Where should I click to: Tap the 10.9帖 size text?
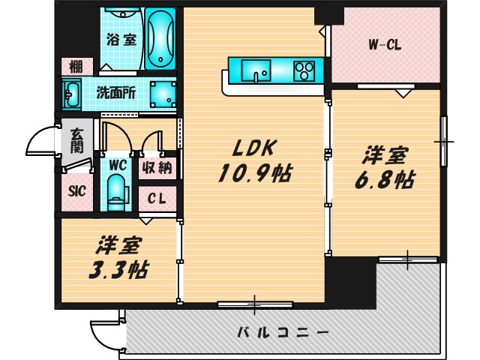click(x=254, y=174)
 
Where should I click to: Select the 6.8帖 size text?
click(x=386, y=180)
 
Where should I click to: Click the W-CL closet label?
click(x=385, y=45)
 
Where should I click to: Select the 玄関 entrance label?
click(x=77, y=140)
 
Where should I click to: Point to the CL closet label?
click(x=157, y=199)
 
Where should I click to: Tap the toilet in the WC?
click(x=115, y=190)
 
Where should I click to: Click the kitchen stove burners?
click(x=304, y=72)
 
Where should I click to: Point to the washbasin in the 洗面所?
click(x=74, y=96)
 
